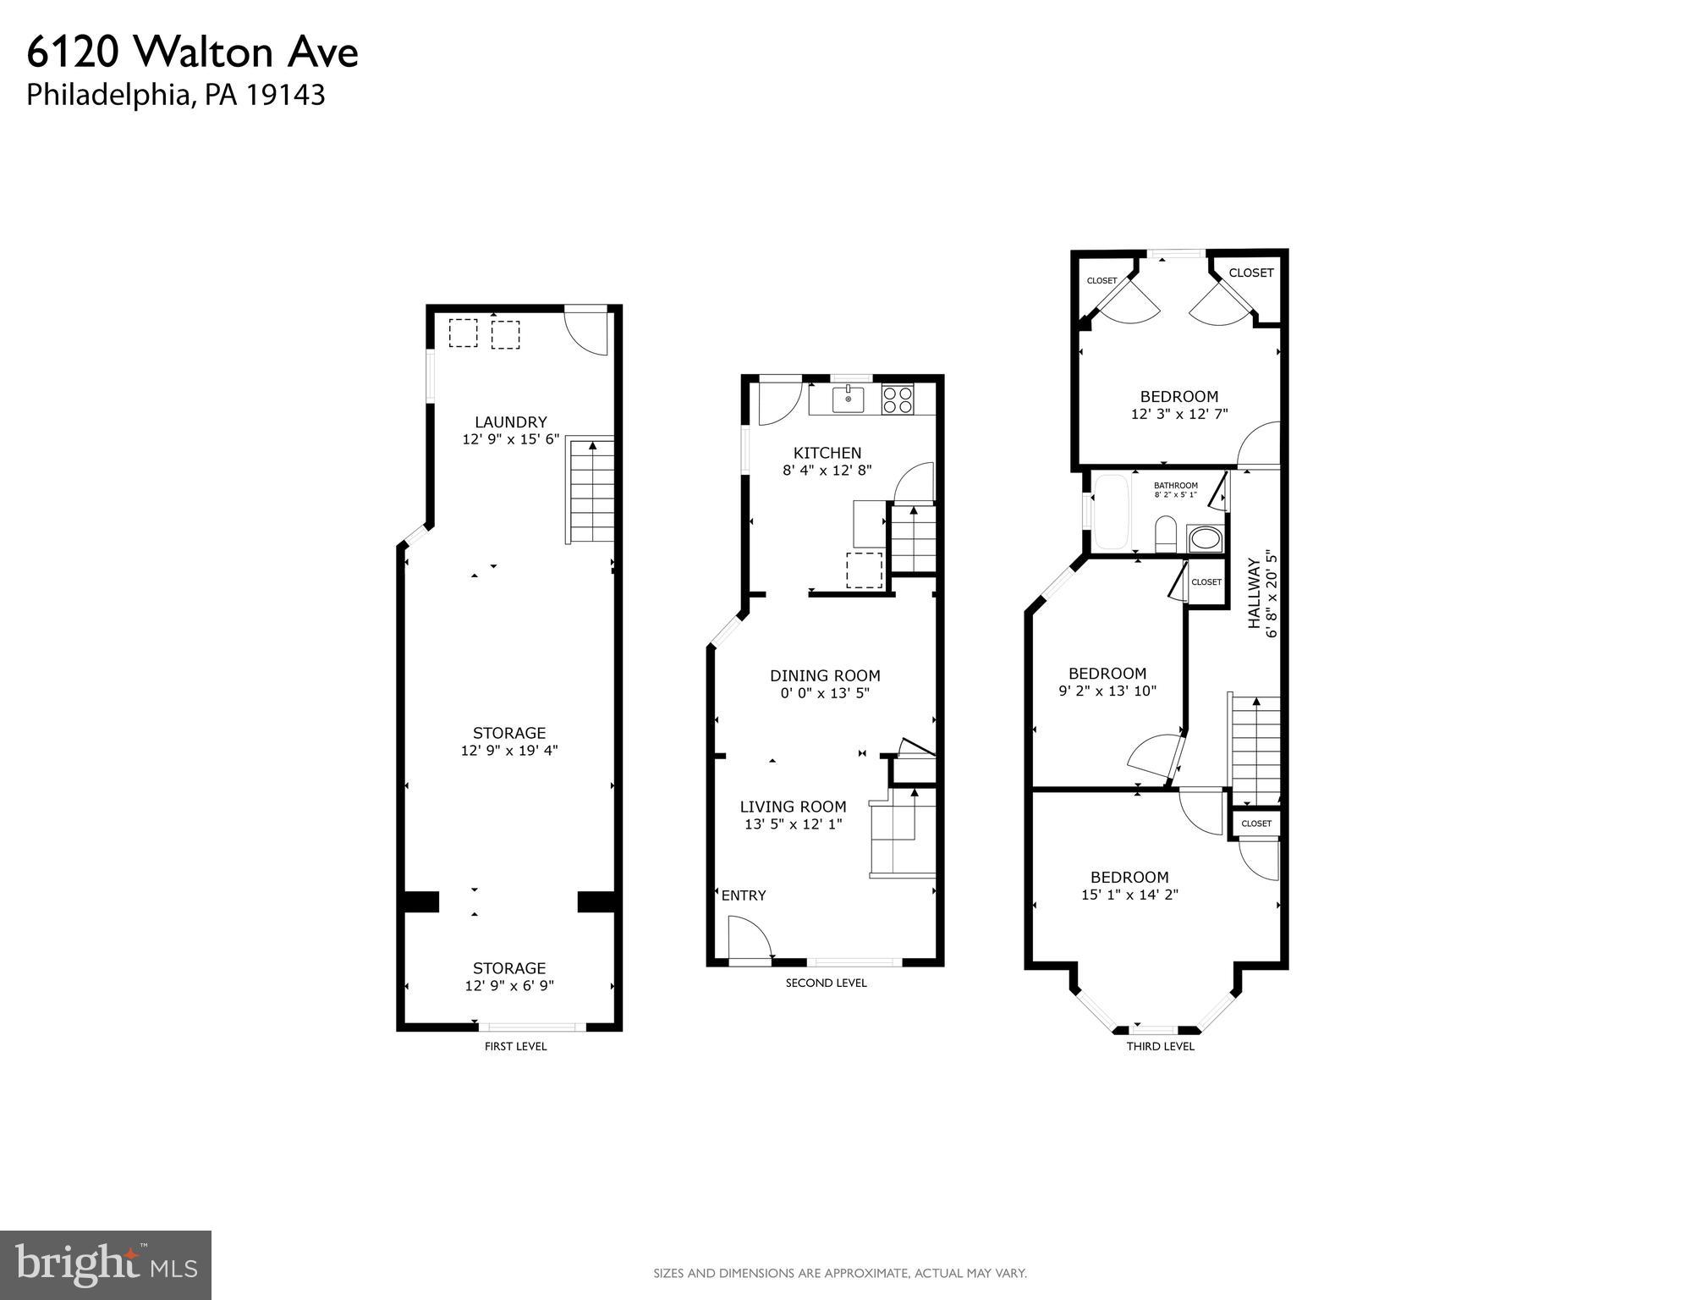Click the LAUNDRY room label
[510, 421]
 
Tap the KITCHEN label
[827, 453]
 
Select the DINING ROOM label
[825, 675]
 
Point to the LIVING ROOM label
[793, 807]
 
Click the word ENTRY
[744, 895]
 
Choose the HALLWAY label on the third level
[1255, 591]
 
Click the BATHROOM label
[1175, 486]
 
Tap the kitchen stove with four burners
[898, 399]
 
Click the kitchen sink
[848, 399]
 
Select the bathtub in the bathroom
[1110, 512]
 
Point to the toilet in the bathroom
[1166, 533]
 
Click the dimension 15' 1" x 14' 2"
[1129, 895]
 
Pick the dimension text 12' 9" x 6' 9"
[509, 986]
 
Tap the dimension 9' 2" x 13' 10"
[1107, 691]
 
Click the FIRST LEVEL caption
[515, 1046]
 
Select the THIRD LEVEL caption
[1160, 1046]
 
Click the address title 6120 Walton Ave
[193, 52]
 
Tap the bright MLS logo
[106, 1264]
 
